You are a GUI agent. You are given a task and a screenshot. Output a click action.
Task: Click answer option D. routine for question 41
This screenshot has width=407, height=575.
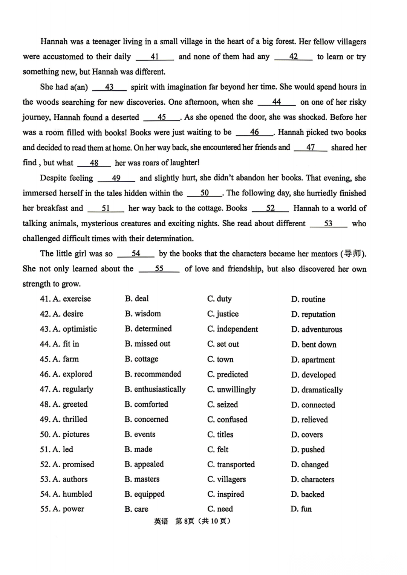pyautogui.click(x=308, y=299)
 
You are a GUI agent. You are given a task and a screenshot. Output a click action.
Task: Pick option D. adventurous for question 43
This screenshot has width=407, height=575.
pyautogui.click(x=317, y=329)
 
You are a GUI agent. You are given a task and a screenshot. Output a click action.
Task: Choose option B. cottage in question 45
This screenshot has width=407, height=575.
pyautogui.click(x=141, y=359)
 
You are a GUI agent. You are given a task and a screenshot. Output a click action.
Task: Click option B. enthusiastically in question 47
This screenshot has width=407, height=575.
pyautogui.click(x=155, y=389)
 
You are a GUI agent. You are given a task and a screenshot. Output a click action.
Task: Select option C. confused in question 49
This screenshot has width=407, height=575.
pyautogui.click(x=227, y=419)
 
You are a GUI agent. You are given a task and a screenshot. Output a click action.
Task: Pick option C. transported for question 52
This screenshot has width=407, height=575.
pyautogui.click(x=231, y=465)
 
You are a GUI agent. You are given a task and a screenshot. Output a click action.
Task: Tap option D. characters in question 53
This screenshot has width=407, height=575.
pyautogui.click(x=313, y=480)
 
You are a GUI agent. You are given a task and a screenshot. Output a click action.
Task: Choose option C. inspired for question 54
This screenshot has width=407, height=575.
pyautogui.click(x=226, y=494)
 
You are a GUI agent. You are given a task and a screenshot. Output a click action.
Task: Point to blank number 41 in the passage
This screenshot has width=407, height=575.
pyautogui.click(x=155, y=57)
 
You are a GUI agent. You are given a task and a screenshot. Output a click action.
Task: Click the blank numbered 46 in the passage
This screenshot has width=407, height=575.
pyautogui.click(x=254, y=132)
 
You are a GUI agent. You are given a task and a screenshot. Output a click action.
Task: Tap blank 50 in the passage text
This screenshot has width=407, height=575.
pyautogui.click(x=204, y=193)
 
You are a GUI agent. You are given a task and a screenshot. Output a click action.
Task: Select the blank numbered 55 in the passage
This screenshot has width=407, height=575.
pyautogui.click(x=159, y=269)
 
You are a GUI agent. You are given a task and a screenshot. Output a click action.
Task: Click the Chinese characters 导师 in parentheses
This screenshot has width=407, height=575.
pyautogui.click(x=353, y=253)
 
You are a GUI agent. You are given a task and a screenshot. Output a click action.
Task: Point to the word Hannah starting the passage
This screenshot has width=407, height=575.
pyautogui.click(x=54, y=42)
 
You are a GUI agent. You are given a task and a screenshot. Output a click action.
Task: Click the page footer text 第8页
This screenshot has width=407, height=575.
pyautogui.click(x=185, y=521)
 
